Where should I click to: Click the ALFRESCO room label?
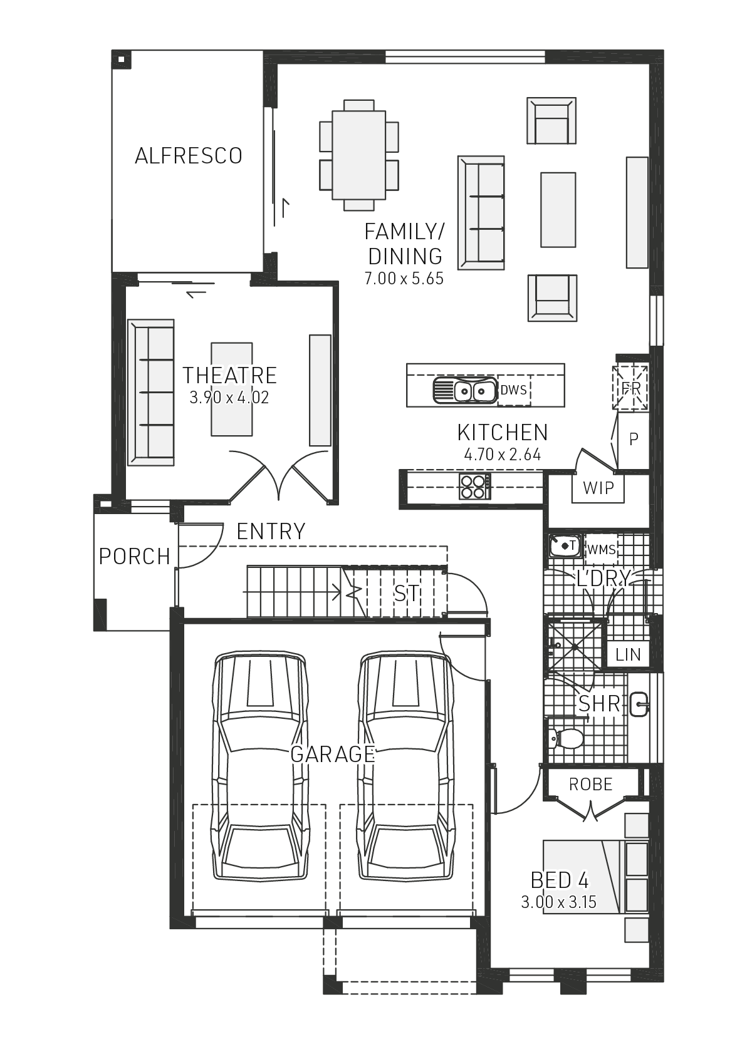tap(189, 156)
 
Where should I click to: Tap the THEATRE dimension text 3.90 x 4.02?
tap(229, 398)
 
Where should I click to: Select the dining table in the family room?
tap(358, 155)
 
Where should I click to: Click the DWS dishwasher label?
tap(514, 390)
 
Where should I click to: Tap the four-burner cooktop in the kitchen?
tap(474, 486)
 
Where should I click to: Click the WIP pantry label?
tap(598, 488)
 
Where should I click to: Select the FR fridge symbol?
tap(631, 388)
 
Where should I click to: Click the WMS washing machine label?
tap(601, 550)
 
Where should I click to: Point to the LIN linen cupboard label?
tap(628, 655)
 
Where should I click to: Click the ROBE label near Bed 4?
tap(590, 784)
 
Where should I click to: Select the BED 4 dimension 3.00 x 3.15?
tap(558, 902)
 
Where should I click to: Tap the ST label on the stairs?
tap(407, 593)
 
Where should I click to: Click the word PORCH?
tap(135, 556)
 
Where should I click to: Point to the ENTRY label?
tap(271, 532)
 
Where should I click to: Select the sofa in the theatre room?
tap(151, 393)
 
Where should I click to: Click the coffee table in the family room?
tap(558, 210)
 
